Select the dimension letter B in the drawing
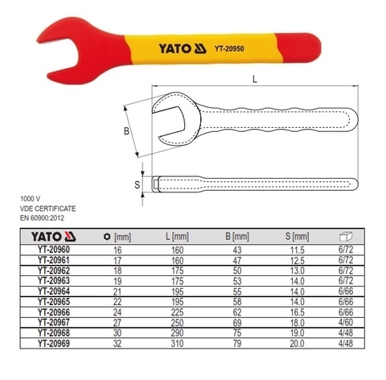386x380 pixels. (126, 129)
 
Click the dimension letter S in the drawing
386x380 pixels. (137, 184)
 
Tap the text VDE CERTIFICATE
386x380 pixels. (46, 206)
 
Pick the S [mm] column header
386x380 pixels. (297, 237)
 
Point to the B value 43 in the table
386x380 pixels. (237, 251)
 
